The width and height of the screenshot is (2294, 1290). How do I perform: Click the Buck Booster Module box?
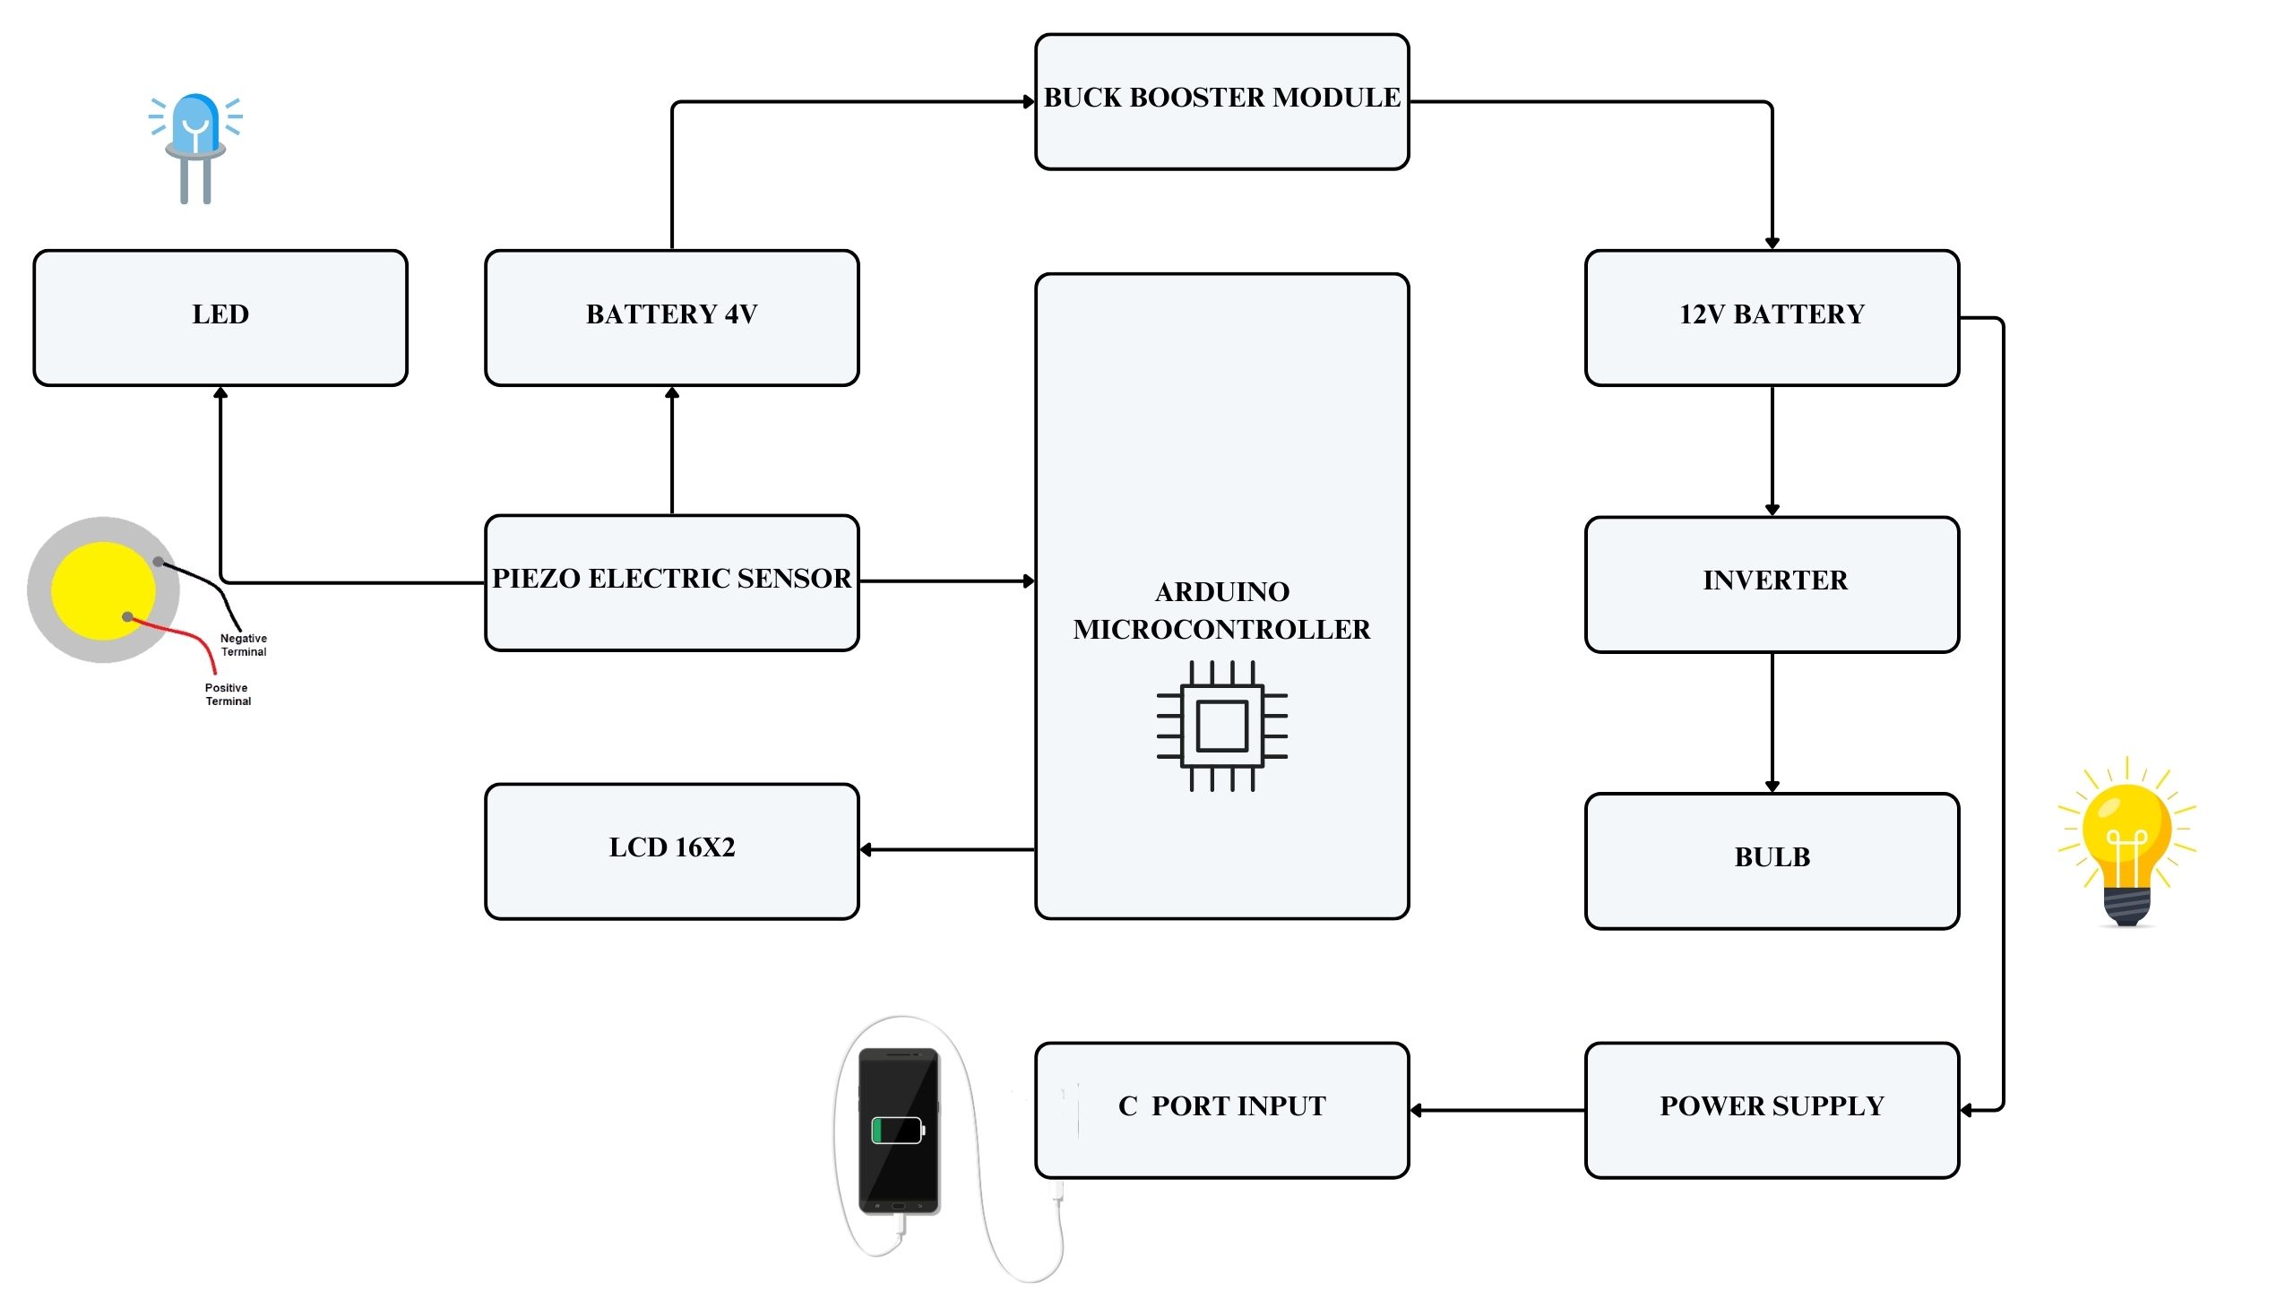1221,102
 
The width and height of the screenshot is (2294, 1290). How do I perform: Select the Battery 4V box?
671,318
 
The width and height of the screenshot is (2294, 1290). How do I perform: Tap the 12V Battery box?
1772,318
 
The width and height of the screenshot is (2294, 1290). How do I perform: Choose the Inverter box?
1772,584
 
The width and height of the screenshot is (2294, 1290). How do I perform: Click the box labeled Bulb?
1772,860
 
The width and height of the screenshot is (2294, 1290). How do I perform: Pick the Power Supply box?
1772,1109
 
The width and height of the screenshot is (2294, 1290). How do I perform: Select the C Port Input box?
1221,1109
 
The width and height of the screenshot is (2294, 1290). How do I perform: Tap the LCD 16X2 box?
671,851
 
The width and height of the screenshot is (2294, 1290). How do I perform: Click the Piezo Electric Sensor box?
671,582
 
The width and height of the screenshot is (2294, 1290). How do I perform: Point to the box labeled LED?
220,318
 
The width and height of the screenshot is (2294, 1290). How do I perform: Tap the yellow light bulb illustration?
2126,842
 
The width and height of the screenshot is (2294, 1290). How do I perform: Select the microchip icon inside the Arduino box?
1221,726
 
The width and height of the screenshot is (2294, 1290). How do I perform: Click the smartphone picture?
899,1131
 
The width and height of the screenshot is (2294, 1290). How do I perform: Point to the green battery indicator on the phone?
896,1130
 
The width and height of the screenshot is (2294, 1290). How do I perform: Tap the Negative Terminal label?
244,645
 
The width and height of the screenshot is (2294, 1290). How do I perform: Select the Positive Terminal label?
228,694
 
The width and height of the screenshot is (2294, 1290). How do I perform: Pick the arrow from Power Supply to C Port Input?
1496,1110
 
